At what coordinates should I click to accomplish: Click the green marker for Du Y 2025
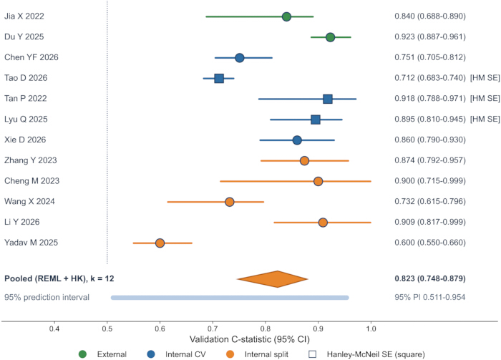pyautogui.click(x=330, y=37)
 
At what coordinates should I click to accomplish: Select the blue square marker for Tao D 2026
pyautogui.click(x=219, y=78)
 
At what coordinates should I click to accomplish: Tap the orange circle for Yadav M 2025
pyautogui.click(x=160, y=243)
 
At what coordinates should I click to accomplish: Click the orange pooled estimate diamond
pyautogui.click(x=273, y=279)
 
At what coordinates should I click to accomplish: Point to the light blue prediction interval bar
pyautogui.click(x=230, y=298)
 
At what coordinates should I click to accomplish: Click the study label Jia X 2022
pyautogui.click(x=24, y=16)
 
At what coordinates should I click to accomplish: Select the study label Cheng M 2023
pyautogui.click(x=31, y=181)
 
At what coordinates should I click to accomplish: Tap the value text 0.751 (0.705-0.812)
pyautogui.click(x=429, y=57)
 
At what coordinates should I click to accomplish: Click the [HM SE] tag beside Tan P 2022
pyautogui.click(x=485, y=98)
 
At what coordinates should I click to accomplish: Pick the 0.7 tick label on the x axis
pyautogui.click(x=213, y=329)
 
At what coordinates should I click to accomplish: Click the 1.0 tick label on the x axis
pyautogui.click(x=371, y=329)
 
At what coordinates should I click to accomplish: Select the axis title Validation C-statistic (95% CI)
pyautogui.click(x=250, y=339)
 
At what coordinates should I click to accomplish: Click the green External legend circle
pyautogui.click(x=82, y=354)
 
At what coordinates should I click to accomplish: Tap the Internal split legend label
pyautogui.click(x=266, y=354)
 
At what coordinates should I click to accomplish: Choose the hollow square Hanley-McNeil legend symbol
pyautogui.click(x=313, y=354)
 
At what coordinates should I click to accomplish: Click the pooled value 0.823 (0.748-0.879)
pyautogui.click(x=429, y=278)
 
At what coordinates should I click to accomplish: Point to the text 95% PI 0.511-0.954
pyautogui.click(x=429, y=297)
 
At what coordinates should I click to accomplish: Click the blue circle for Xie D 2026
pyautogui.click(x=297, y=140)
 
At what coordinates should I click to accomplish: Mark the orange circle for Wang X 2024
pyautogui.click(x=230, y=202)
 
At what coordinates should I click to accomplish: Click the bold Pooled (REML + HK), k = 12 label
pyautogui.click(x=59, y=278)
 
